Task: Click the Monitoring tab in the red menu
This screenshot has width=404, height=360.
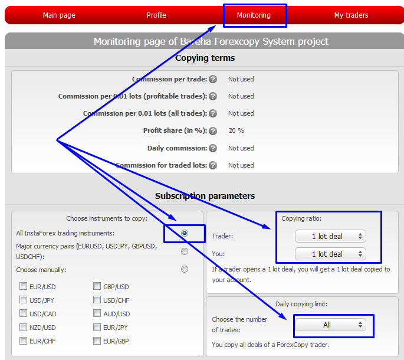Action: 254,15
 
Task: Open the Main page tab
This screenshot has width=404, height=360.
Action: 59,15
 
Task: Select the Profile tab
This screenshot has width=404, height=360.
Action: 156,15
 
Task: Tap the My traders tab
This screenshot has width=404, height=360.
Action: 351,15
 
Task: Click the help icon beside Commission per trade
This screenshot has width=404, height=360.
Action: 213,79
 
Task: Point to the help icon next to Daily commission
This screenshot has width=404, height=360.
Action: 213,148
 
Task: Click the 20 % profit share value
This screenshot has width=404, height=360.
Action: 236,130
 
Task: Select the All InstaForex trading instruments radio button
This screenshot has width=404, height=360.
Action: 185,233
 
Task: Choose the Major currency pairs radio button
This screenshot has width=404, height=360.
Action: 185,251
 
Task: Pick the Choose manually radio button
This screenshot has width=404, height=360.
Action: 185,269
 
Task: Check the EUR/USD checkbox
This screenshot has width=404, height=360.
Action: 24,287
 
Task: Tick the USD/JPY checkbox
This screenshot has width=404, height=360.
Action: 24,300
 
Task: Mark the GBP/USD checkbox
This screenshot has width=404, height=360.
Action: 97,287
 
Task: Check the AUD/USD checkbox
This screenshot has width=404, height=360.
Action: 97,314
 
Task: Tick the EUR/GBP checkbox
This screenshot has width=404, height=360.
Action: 97,341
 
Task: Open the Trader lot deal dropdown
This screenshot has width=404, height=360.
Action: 330,237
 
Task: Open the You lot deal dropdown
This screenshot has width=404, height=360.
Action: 330,254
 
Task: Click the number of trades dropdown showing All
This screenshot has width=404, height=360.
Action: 330,325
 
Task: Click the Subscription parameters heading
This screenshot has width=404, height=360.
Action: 205,196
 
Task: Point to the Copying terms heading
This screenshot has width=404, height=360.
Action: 205,58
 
